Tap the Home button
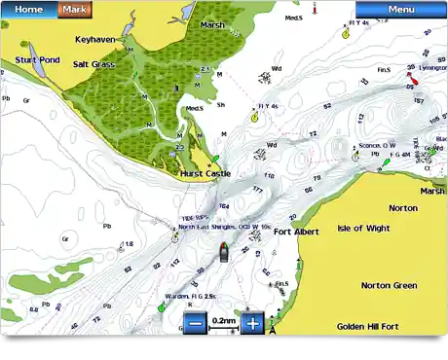[28, 9]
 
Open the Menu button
[400, 9]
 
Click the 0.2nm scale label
[225, 320]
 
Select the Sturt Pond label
[36, 60]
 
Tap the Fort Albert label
[297, 232]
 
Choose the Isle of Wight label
[363, 229]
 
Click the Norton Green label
[390, 285]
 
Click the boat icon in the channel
[223, 253]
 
